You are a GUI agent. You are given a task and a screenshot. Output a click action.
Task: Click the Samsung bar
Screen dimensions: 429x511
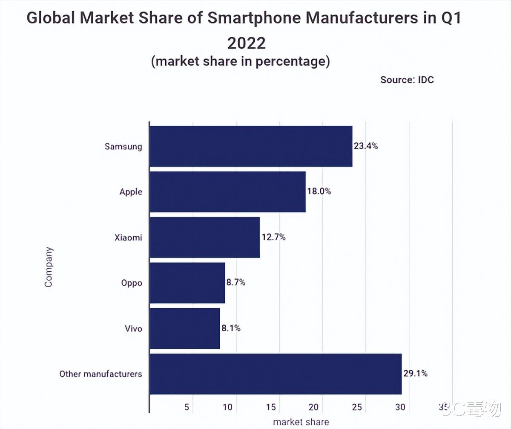click(x=251, y=146)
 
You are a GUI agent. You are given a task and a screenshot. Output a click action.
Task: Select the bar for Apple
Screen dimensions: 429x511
click(x=227, y=191)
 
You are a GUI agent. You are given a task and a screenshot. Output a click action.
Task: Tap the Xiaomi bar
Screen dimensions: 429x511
click(x=204, y=237)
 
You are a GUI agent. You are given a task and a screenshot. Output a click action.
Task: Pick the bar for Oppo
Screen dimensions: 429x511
click(x=187, y=283)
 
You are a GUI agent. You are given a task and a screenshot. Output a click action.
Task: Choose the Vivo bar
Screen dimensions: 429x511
click(x=184, y=328)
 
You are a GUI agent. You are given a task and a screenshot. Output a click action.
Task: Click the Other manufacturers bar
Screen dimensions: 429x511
click(x=276, y=374)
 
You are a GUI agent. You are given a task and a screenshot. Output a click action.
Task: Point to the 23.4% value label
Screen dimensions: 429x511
click(x=366, y=146)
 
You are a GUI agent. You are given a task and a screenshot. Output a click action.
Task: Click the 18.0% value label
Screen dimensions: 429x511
click(x=319, y=191)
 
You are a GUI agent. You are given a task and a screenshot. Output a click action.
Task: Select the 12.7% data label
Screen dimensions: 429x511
click(x=273, y=237)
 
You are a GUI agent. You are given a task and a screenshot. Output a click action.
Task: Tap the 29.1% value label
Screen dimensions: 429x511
click(x=415, y=374)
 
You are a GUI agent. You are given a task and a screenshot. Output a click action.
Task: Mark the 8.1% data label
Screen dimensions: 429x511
click(x=230, y=328)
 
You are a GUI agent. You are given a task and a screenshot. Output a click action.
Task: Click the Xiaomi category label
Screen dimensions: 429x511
click(x=128, y=238)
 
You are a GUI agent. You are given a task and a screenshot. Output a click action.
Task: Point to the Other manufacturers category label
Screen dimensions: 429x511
click(x=100, y=374)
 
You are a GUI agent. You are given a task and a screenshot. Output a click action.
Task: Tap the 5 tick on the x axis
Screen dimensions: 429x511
click(x=187, y=407)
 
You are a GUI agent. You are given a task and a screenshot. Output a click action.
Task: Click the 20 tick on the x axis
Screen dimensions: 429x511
click(x=314, y=407)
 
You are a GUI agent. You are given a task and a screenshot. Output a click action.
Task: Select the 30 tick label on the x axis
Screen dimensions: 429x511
click(x=400, y=407)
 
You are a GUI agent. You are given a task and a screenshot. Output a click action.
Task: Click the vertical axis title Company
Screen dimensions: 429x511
click(x=49, y=267)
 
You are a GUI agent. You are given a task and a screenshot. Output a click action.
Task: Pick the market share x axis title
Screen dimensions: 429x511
click(x=301, y=422)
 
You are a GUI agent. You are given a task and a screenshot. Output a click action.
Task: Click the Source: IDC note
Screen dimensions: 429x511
click(x=407, y=80)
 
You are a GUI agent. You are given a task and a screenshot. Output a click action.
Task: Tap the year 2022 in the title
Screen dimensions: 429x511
click(x=246, y=43)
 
